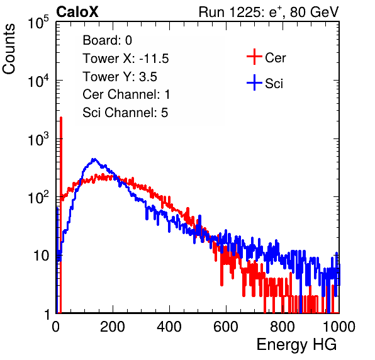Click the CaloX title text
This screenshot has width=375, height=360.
coord(77,12)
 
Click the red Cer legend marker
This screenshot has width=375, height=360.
coord(254,57)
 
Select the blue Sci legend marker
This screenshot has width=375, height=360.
coord(254,82)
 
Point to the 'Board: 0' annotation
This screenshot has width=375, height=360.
coord(107,40)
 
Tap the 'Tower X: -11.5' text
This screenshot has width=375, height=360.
coord(126,59)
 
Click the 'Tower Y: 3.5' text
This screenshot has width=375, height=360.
coord(120,77)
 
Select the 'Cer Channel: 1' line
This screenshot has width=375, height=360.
coord(126,94)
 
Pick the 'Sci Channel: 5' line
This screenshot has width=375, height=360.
coord(125,113)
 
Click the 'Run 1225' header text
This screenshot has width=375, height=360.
coord(230,12)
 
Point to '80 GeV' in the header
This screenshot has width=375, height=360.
coord(315,12)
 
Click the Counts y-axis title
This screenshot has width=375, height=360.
coord(9,49)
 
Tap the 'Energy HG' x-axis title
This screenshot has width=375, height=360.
coord(296,344)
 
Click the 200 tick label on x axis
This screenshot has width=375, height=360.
coord(113,327)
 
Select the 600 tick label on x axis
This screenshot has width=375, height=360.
coord(226,327)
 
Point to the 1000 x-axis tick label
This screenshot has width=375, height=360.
coord(339,327)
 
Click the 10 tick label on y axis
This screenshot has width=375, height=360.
coord(42,256)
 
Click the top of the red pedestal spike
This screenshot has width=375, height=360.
coord(61,118)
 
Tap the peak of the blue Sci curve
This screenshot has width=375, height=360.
coord(94,159)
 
